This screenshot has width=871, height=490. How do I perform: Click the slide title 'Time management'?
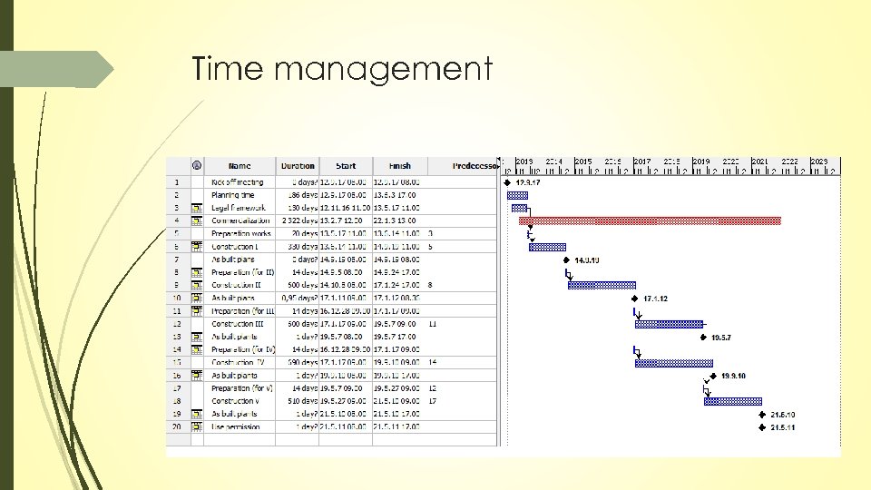tap(342, 69)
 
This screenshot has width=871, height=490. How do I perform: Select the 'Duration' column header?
tap(298, 166)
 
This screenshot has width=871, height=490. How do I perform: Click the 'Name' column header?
tap(240, 166)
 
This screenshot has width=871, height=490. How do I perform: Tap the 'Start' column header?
tap(346, 166)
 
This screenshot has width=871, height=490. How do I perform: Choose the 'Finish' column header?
tap(399, 166)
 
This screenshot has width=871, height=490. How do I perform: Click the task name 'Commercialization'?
tap(240, 220)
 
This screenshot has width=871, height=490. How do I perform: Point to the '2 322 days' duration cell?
tap(298, 220)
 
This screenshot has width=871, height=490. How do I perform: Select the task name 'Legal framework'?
tap(239, 208)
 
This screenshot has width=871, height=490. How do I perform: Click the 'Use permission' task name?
tap(236, 426)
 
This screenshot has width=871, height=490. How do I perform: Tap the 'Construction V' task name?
tap(236, 401)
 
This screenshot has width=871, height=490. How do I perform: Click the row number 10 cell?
tap(176, 298)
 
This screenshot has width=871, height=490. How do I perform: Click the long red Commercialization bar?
tap(650, 220)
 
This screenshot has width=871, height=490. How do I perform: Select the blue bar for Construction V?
tap(732, 401)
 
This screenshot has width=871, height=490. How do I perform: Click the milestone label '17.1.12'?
tap(655, 299)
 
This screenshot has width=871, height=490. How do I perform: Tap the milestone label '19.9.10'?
tap(733, 376)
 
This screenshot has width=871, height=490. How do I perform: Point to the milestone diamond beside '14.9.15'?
tap(565, 260)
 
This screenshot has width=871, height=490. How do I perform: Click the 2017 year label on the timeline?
tap(642, 162)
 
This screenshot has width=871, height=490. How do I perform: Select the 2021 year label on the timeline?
tap(760, 162)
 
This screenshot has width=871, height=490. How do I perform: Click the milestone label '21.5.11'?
tap(783, 427)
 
